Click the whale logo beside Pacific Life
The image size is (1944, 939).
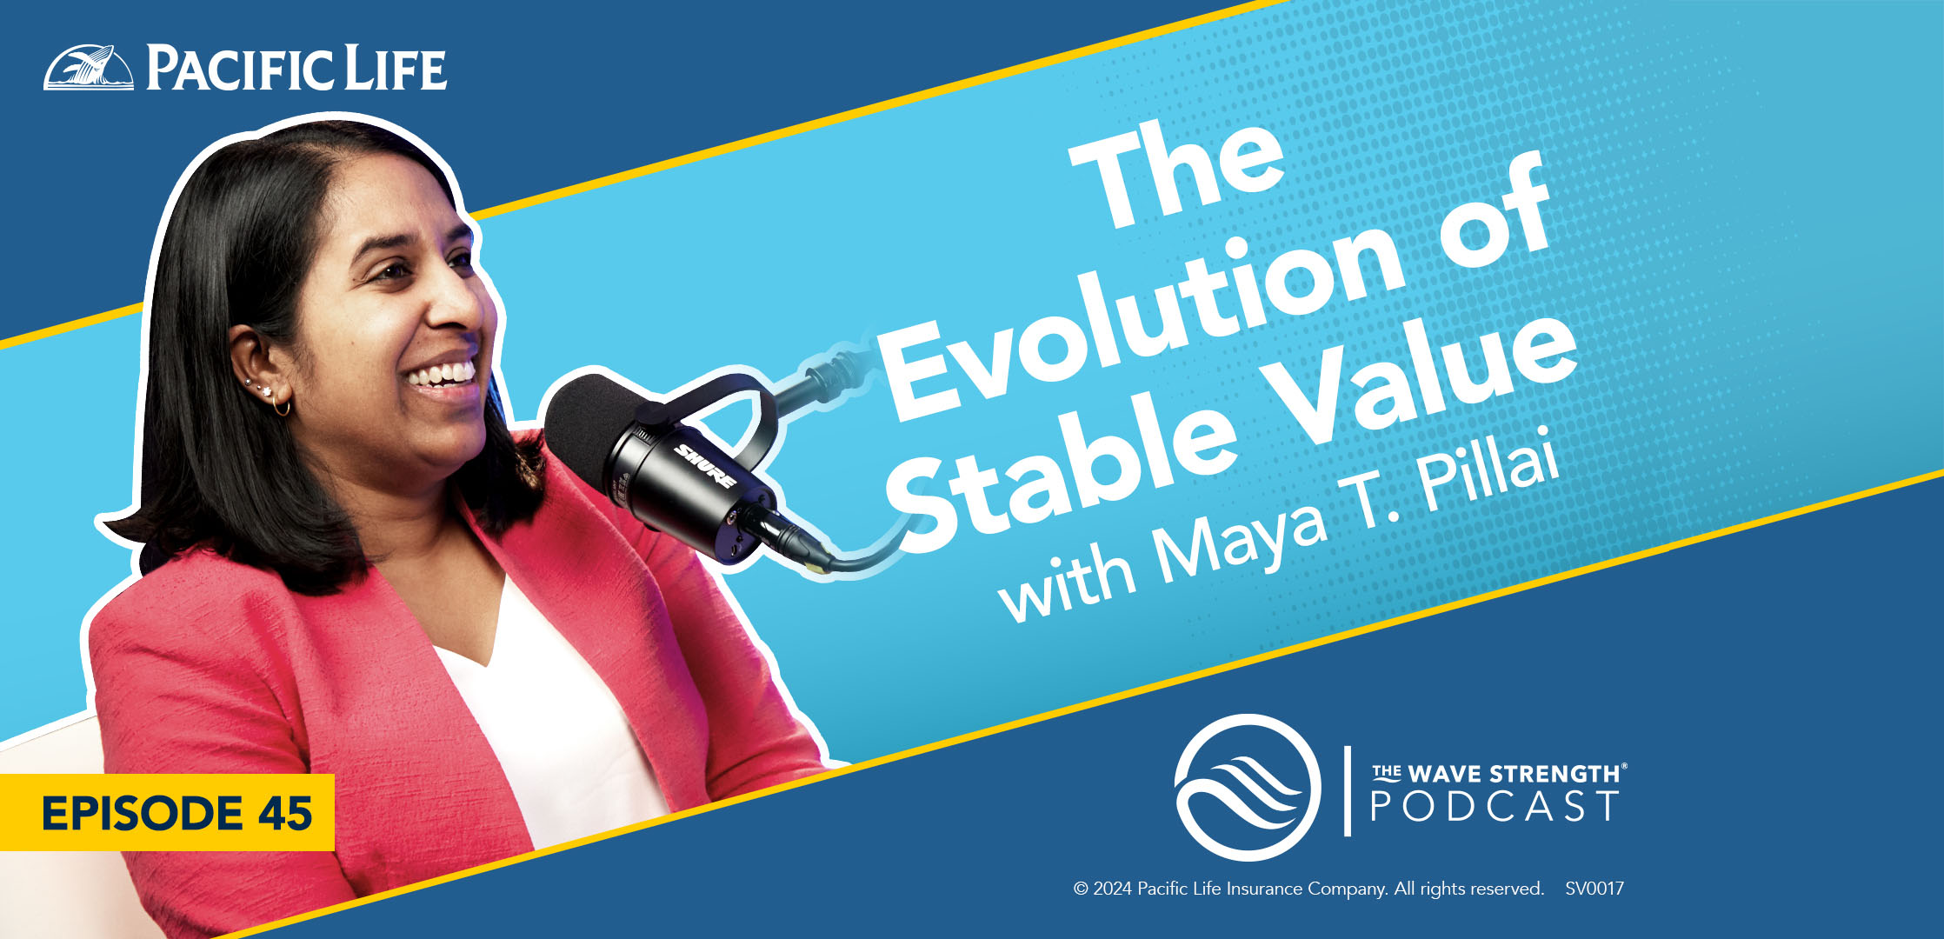pos(89,67)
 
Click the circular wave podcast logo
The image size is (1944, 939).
pos(1248,788)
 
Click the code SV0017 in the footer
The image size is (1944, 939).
pos(1594,889)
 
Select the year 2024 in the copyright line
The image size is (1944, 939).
pos(1113,889)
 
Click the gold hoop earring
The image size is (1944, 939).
pos(280,407)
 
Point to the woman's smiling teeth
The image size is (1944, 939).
pos(443,374)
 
